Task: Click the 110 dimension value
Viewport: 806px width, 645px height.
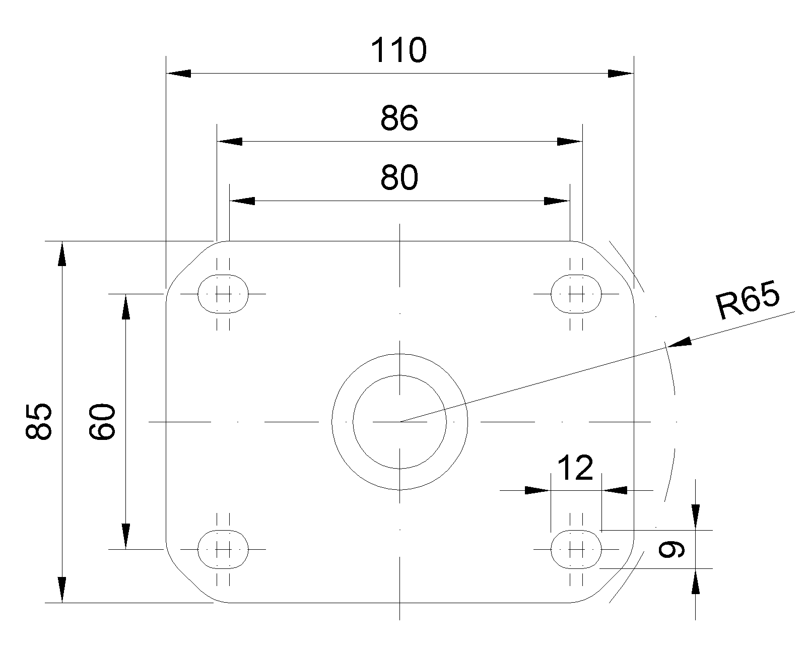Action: point(398,50)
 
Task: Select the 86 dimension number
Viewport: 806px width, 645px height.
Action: point(399,119)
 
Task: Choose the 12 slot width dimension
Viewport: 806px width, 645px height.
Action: point(576,468)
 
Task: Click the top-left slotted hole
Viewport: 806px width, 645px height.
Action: point(223,293)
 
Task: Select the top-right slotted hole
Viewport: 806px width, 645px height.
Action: point(576,293)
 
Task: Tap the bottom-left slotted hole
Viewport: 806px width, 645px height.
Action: point(223,549)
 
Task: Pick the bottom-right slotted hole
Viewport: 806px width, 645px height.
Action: point(576,549)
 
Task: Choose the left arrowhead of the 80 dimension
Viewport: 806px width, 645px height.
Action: point(242,201)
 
